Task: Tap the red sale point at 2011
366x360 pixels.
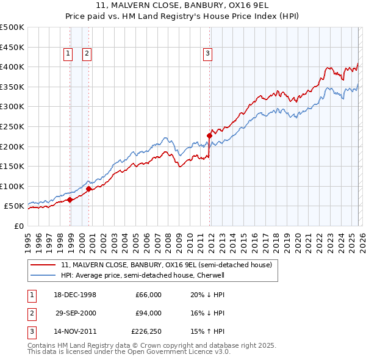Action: pyautogui.click(x=209, y=135)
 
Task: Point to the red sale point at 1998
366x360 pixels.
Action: pyautogui.click(x=70, y=200)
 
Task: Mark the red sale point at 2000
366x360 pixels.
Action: pyautogui.click(x=89, y=189)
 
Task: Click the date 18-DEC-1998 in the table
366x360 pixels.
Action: pyautogui.click(x=75, y=295)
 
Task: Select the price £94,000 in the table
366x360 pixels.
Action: pyautogui.click(x=148, y=313)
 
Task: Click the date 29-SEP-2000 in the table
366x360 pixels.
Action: pyautogui.click(x=75, y=313)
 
